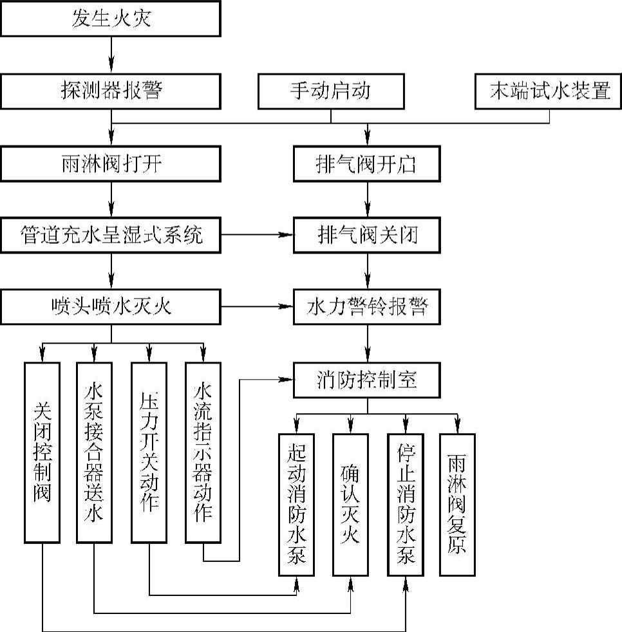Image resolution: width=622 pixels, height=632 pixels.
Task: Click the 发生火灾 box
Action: [111, 18]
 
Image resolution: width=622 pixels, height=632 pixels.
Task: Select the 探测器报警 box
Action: [111, 91]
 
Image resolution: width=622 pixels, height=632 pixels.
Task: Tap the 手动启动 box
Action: [330, 91]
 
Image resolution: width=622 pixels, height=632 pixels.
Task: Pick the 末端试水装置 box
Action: [549, 91]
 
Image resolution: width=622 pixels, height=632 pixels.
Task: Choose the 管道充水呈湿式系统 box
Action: [111, 235]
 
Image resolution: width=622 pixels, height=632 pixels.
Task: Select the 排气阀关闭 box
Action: [367, 235]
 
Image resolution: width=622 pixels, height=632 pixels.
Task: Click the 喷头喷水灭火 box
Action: [111, 306]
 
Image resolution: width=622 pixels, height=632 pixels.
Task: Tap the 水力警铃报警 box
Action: [367, 306]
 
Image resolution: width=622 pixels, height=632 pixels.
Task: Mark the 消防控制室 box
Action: [367, 380]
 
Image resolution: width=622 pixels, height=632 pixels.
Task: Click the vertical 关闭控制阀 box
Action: [42, 452]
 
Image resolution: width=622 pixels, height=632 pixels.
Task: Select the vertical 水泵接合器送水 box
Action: [95, 452]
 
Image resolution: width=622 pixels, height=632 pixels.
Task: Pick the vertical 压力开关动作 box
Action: [149, 452]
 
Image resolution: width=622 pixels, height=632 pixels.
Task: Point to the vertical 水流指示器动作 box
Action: [203, 452]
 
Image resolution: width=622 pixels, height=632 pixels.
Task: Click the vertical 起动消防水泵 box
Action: [297, 504]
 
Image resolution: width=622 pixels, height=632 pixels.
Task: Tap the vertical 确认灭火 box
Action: [351, 504]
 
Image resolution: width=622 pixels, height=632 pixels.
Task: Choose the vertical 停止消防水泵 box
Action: [406, 504]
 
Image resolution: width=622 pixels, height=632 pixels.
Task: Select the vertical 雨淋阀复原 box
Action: [457, 504]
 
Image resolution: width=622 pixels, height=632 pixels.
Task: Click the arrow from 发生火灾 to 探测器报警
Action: [111, 54]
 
